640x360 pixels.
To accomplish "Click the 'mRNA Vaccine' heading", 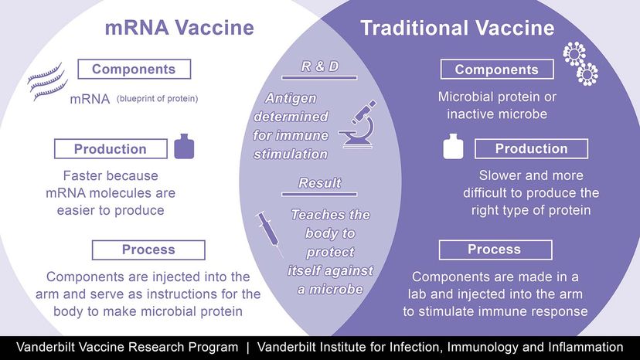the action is (179, 28).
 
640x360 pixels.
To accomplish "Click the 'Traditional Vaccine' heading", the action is (458, 28).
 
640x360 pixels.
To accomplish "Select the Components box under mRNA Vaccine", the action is (134, 69).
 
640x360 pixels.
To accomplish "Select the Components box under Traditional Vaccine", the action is (497, 70).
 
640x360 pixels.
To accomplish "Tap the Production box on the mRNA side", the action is (111, 148).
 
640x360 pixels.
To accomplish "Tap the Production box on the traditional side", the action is (532, 148).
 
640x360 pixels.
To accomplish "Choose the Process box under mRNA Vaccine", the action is (148, 250).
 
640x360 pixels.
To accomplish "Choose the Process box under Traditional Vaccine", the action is (495, 250).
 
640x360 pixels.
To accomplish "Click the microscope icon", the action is (359, 124).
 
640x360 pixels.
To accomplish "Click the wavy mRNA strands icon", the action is (47, 82).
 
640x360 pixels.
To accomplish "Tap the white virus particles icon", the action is (580, 63).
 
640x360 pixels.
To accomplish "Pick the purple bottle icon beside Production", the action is (184, 146).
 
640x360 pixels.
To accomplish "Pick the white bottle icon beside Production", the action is (453, 146).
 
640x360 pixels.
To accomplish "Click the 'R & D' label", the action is (320, 66).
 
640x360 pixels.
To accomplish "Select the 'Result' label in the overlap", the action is (320, 183).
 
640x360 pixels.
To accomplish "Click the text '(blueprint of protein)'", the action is (158, 99).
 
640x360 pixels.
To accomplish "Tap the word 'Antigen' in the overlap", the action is (291, 98).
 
